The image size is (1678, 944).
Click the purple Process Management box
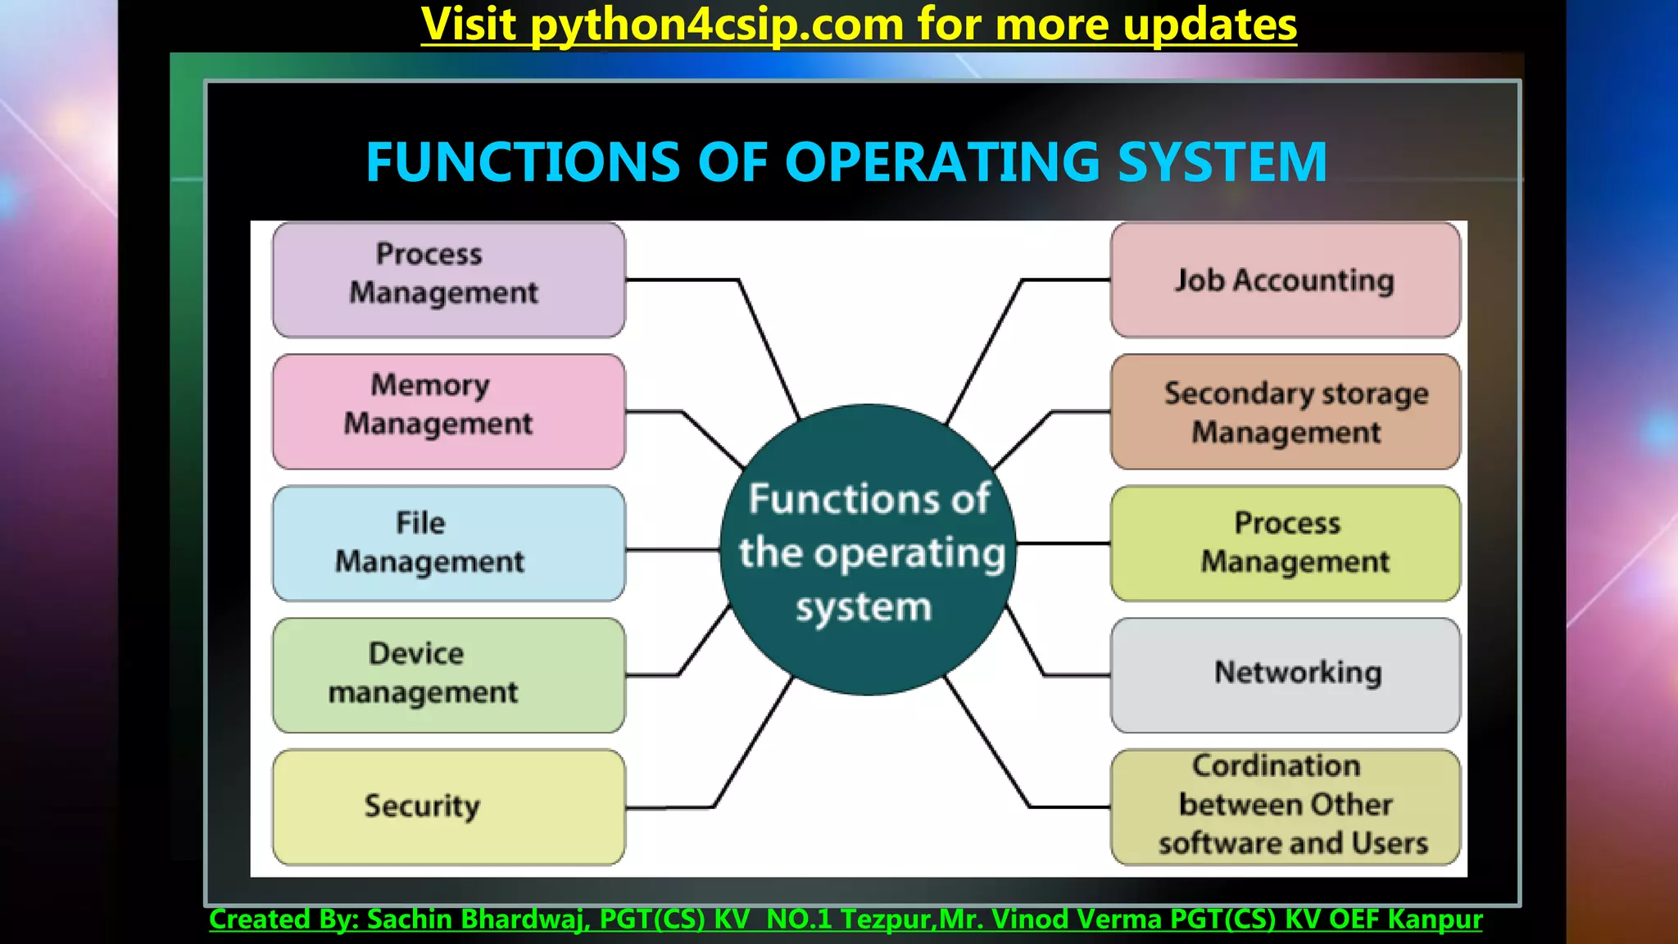coord(448,279)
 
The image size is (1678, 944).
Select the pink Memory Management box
coord(448,411)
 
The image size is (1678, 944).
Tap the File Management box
coord(448,543)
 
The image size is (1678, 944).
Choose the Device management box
coord(448,675)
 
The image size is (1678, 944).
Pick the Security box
coord(448,807)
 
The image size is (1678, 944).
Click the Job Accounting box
coord(1285,279)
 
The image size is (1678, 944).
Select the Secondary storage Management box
coord(1285,411)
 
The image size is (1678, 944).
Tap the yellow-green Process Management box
coord(1285,543)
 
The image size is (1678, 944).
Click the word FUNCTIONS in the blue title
coord(523,161)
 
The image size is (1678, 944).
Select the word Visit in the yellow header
coord(468,25)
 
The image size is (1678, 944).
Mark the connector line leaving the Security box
coord(672,808)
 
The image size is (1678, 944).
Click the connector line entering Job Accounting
coord(1065,280)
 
